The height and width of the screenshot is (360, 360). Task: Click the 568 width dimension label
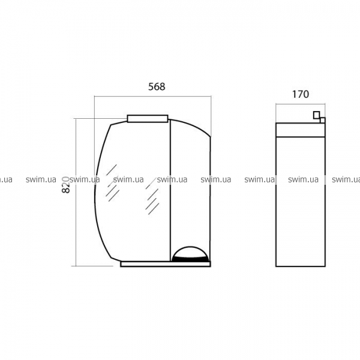tap(157, 86)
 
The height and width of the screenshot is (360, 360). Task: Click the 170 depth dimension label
tap(301, 94)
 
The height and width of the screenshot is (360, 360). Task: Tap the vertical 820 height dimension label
tap(66, 185)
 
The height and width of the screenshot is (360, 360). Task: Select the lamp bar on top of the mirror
tap(148, 118)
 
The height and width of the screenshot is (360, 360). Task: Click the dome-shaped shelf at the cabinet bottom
tap(191, 254)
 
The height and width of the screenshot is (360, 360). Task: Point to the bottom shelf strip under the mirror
tap(166, 264)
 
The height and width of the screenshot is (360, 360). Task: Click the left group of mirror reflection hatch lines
tap(112, 183)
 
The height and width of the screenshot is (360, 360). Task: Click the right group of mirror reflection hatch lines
tap(152, 196)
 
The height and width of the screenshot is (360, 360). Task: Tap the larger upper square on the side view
tap(317, 115)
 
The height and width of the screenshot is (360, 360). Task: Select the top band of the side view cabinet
tap(301, 130)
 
